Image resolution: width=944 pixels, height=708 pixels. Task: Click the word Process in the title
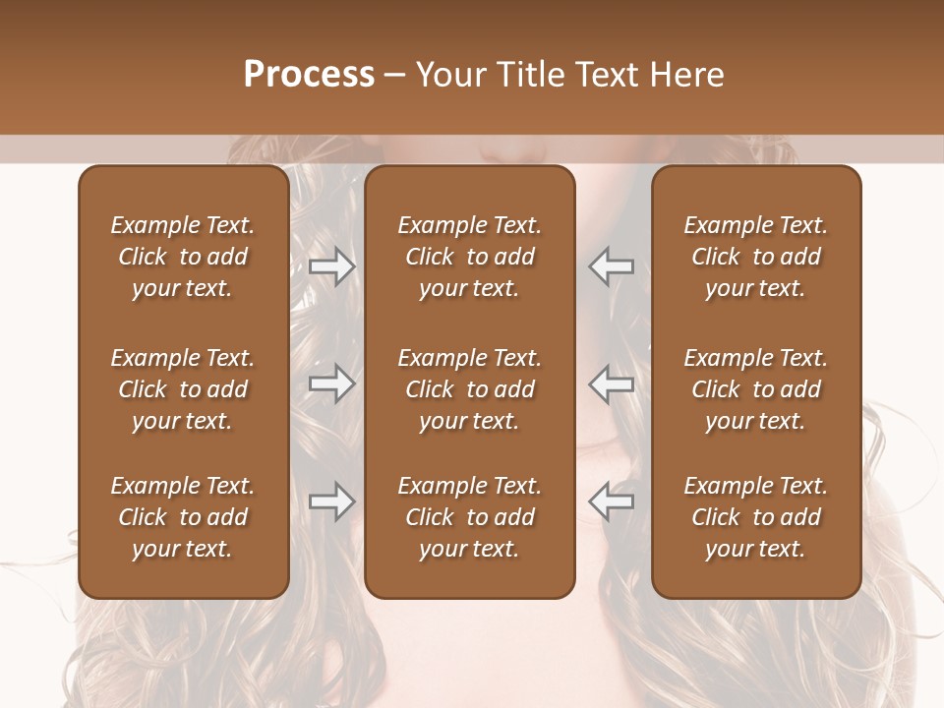coord(309,74)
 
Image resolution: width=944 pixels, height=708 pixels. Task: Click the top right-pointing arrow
coord(332,266)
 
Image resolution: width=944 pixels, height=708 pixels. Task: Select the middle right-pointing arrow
coord(332,383)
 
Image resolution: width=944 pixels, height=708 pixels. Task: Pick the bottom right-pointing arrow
coord(332,501)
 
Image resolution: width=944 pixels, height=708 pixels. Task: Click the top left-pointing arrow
coord(611,266)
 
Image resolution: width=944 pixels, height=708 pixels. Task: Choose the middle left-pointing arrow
coord(611,383)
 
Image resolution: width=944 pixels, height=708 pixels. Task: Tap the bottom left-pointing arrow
coord(611,501)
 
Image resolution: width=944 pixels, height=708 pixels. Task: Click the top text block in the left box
coord(183,257)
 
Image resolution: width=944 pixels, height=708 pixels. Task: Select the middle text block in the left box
coord(183,389)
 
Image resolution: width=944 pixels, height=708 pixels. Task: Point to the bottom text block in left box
coord(183,517)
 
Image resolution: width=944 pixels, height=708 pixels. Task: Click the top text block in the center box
coord(469,257)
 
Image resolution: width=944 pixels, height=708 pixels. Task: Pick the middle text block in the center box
coord(469,389)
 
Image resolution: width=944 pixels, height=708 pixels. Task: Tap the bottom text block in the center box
coord(469,517)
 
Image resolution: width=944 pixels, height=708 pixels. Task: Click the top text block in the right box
coord(755,257)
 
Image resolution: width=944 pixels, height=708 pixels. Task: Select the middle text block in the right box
coord(755,389)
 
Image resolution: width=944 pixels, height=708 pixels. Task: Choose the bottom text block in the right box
coord(755,517)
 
